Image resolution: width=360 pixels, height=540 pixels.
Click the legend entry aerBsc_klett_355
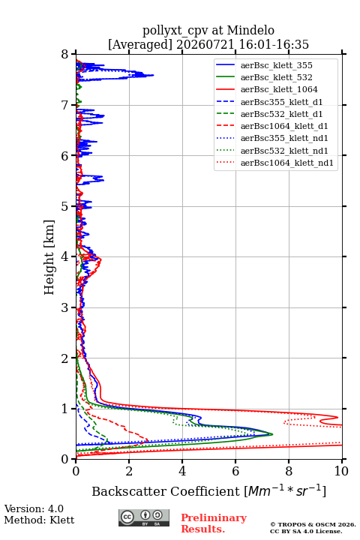click(276, 65)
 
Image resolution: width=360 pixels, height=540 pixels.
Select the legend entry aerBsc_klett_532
click(276, 77)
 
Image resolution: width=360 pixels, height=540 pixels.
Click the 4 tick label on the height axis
click(65, 256)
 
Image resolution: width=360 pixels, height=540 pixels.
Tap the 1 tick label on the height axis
click(65, 409)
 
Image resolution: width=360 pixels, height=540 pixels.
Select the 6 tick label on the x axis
click(235, 471)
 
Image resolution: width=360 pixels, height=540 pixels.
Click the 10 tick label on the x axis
click(341, 471)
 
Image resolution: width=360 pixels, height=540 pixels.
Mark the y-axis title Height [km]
click(49, 257)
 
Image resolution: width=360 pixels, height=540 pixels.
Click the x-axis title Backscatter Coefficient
click(165, 491)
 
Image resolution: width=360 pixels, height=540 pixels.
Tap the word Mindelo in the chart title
click(250, 30)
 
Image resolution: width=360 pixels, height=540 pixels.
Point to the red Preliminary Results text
click(214, 523)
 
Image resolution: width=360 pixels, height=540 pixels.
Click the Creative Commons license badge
click(144, 517)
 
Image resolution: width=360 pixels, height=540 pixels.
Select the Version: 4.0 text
click(34, 508)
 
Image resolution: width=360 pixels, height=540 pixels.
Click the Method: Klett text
click(39, 520)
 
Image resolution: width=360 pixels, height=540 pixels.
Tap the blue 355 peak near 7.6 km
click(153, 75)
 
